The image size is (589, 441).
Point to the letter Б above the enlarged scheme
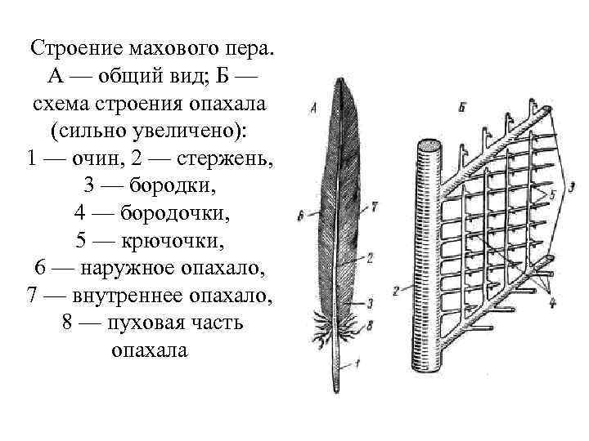click(x=463, y=107)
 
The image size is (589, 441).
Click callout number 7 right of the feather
click(x=373, y=207)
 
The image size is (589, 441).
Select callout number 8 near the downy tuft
click(x=371, y=323)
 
